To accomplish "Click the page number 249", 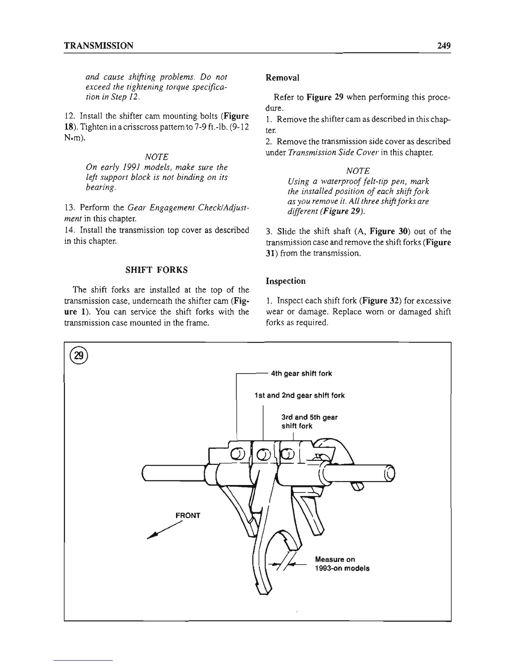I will tap(442, 46).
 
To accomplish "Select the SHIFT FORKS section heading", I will tap(157, 270).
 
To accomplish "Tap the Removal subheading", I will tap(282, 78).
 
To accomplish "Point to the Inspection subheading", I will tap(286, 281).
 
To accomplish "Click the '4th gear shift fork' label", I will tap(301, 373).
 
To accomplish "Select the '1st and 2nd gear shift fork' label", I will tap(300, 395).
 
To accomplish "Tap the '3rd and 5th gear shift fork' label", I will tap(309, 421).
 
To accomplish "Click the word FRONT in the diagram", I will tap(188, 515).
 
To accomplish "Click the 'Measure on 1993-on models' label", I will tap(342, 564).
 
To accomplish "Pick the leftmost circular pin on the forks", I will tap(236, 454).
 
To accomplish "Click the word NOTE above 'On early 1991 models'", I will tap(156, 157).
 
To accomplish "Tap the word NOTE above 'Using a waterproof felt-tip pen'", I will tap(358, 171).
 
